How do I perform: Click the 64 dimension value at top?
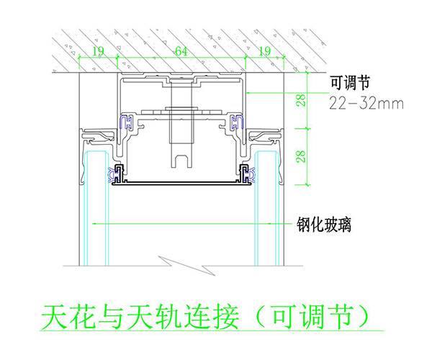181,51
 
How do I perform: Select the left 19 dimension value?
99,51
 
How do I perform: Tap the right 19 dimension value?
265,51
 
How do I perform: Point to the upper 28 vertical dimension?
302,100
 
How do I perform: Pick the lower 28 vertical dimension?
302,156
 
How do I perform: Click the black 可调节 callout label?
350,82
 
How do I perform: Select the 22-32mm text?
366,104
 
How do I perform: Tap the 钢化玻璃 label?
324,225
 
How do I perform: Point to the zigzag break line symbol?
186,266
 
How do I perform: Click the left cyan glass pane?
96,209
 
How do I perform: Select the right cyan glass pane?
266,209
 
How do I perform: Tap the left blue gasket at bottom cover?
112,174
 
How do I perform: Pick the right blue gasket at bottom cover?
251,174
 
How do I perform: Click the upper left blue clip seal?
126,122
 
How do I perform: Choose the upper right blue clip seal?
237,122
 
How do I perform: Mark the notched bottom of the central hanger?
181,161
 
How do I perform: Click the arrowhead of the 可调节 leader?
248,93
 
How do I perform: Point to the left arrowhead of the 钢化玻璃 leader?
94,224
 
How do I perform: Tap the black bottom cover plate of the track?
182,183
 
